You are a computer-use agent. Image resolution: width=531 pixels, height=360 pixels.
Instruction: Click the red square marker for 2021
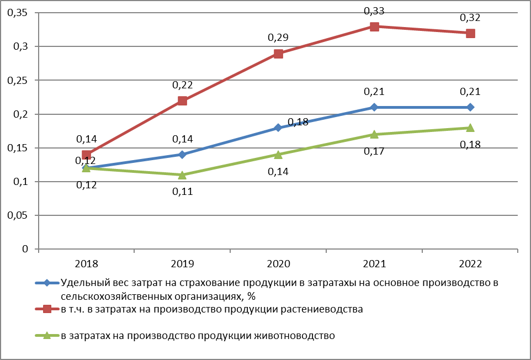point(374,27)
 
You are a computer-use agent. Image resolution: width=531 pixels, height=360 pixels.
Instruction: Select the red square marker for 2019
point(182,100)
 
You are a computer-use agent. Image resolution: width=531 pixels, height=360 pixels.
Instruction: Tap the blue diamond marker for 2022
point(470,107)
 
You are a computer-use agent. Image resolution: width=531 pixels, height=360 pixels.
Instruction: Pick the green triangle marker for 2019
point(182,175)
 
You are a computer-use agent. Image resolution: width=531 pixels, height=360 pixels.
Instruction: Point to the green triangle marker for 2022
point(470,128)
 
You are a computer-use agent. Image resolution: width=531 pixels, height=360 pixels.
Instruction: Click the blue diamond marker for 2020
point(278,128)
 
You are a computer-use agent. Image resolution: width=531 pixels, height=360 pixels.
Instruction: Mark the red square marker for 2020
point(278,54)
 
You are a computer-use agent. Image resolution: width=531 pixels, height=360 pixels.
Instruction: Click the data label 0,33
point(374,10)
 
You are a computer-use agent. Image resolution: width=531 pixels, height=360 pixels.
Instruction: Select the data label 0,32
point(470,18)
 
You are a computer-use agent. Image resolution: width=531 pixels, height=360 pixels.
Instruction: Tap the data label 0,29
point(278,38)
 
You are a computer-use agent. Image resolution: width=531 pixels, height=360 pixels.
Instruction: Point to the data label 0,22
point(182,84)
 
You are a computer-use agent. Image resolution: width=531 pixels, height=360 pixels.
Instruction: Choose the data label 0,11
point(182,192)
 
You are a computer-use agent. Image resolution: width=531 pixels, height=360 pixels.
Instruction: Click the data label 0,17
point(374,151)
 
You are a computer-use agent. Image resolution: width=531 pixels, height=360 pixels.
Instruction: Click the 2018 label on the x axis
point(86,263)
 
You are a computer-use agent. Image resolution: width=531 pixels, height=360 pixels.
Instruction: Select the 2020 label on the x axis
point(278,263)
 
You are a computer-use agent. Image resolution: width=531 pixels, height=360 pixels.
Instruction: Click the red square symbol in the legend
point(47,309)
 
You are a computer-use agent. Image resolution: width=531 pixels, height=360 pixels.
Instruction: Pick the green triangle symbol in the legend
point(47,335)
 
